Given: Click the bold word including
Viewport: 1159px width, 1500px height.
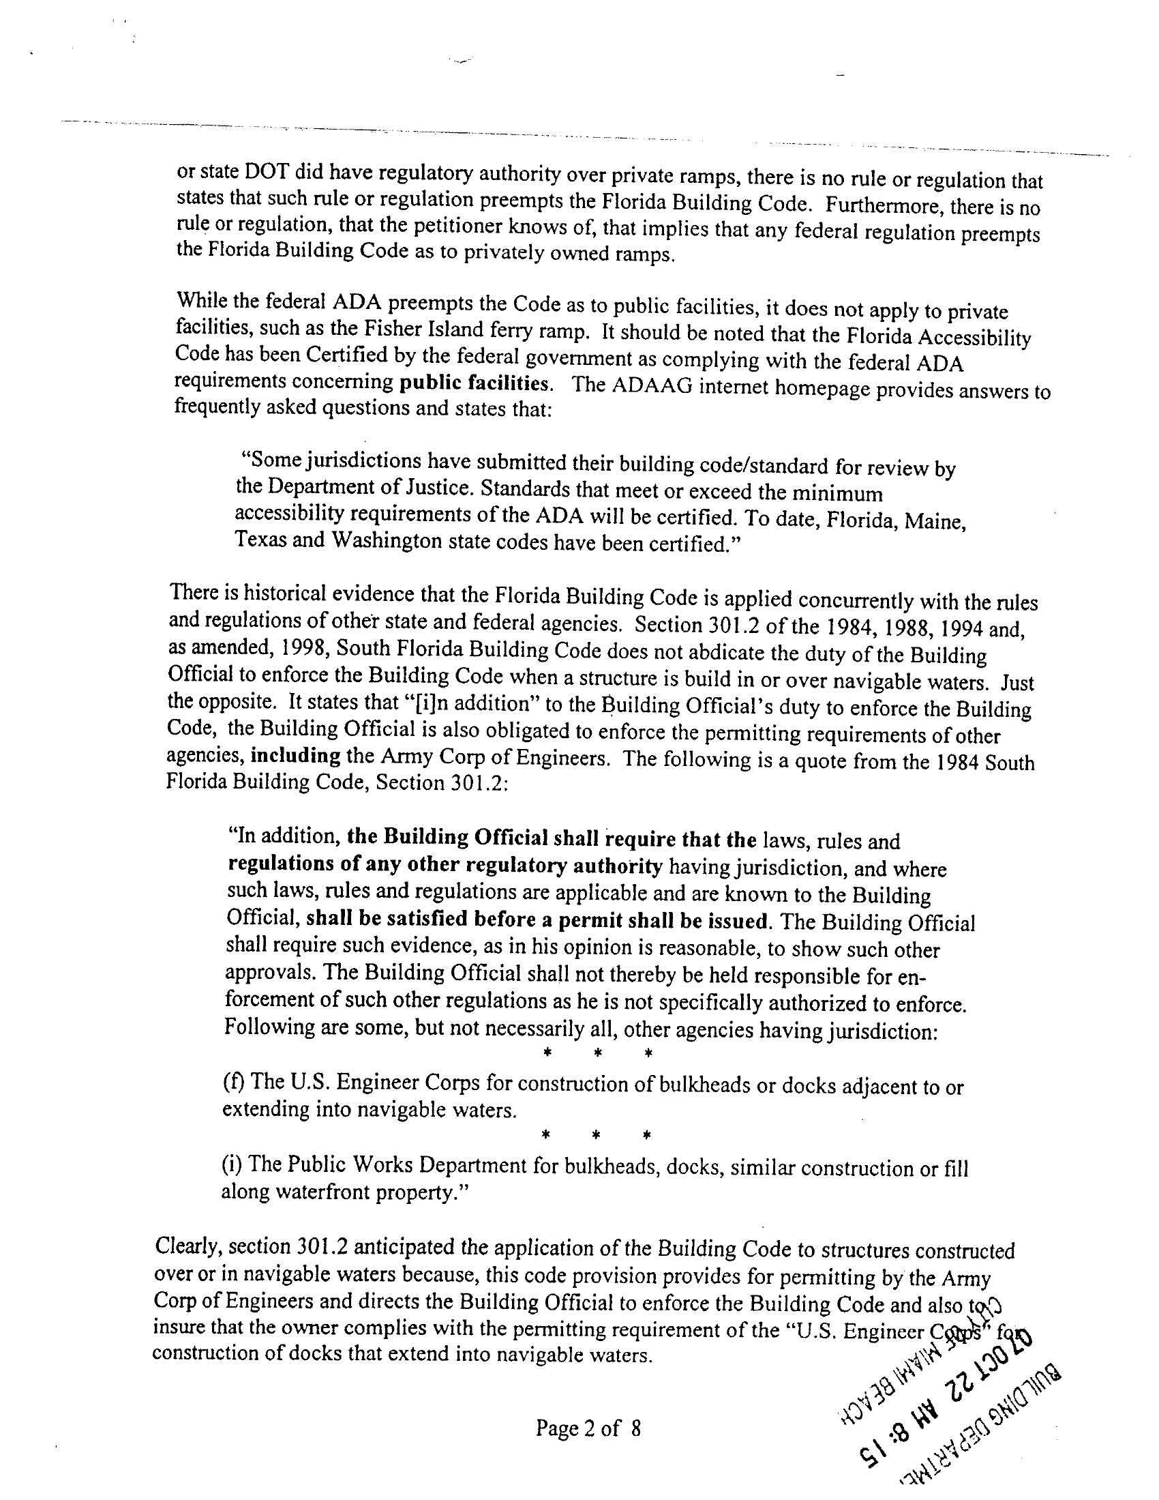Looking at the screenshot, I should (296, 756).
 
